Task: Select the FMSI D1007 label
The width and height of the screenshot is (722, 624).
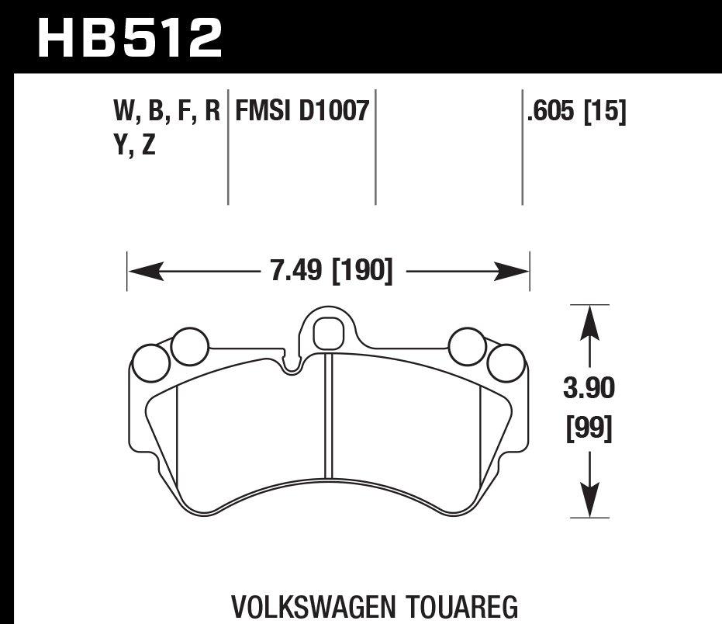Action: pos(301,113)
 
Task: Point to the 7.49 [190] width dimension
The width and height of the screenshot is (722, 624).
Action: pos(330,272)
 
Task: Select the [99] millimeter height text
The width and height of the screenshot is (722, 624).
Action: pos(589,428)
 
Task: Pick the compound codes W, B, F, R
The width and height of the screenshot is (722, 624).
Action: pos(167,113)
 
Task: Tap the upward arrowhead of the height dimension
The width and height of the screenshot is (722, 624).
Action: pos(590,321)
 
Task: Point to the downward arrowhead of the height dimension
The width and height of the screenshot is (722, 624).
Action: pos(590,501)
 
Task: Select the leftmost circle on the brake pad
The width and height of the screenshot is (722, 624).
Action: pos(151,362)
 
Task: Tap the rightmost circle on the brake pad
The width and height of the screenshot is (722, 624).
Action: pos(506,362)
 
